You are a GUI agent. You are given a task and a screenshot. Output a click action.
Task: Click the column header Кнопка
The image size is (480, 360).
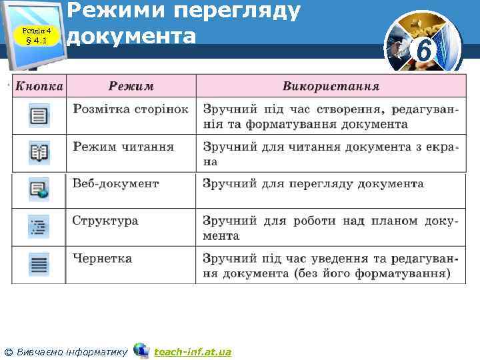point(39,86)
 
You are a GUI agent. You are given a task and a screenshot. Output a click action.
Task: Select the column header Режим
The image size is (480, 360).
point(131,86)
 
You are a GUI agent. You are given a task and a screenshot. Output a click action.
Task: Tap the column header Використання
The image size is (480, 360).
point(331,86)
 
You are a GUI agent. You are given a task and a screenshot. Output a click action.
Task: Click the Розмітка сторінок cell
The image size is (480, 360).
point(131,109)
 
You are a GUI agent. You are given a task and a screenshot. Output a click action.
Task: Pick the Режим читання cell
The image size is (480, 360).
point(123,146)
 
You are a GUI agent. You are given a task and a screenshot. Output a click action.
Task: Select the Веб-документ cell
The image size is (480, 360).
point(116,183)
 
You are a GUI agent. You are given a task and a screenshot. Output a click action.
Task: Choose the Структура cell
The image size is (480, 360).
point(105,221)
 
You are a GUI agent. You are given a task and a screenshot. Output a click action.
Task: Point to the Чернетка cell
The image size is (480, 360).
point(103,258)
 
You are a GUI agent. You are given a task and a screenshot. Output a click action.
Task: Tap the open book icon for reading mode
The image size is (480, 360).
point(39,154)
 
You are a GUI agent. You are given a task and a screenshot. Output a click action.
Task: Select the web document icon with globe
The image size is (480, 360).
point(39,191)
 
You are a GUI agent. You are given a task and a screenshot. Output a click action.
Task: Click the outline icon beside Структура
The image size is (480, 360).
point(39,227)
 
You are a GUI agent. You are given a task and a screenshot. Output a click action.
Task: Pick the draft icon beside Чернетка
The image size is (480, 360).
point(39,265)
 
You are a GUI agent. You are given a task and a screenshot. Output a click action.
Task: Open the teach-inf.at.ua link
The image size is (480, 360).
point(193,351)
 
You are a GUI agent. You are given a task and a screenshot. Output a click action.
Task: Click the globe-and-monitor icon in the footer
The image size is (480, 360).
point(141,350)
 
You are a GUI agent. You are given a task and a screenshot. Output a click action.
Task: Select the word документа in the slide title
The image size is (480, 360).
point(133,35)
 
